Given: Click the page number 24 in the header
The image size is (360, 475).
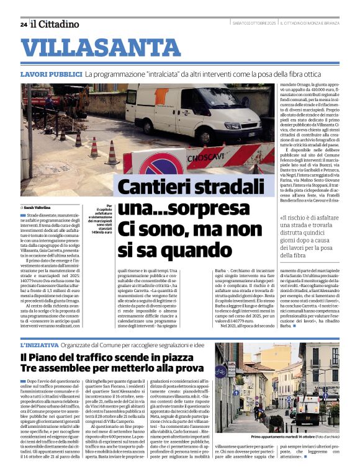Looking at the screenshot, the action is click(x=24, y=24).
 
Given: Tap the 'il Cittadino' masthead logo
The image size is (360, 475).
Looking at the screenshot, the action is click(x=55, y=24).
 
